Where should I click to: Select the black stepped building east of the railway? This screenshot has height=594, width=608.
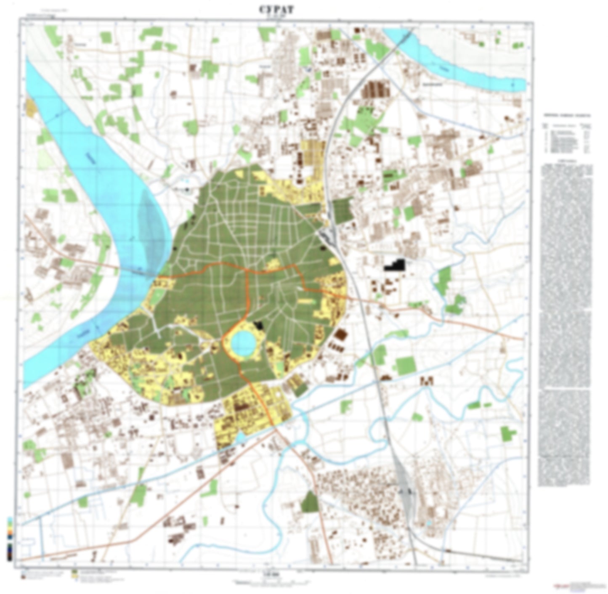point(395,265)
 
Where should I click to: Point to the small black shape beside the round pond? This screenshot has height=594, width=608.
point(258,325)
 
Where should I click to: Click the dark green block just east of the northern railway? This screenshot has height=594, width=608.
point(342,208)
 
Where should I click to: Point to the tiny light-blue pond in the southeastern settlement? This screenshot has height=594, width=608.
point(428,523)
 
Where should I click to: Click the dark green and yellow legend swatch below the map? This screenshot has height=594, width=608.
point(75,574)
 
